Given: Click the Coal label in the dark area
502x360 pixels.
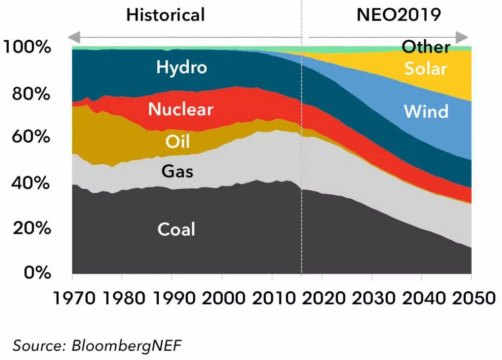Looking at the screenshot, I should tap(176, 229).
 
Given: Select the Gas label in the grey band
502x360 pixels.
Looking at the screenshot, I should tap(177, 172).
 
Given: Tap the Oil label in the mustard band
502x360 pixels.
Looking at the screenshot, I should tap(177, 142).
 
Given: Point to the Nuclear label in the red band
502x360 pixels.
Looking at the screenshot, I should tap(181, 109).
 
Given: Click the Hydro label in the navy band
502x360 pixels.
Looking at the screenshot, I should tap(181, 67).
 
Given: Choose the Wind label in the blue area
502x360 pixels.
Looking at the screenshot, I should tap(426, 111).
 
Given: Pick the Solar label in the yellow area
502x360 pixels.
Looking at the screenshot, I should tap(426, 68).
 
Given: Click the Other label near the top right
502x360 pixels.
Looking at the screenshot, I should tap(426, 47).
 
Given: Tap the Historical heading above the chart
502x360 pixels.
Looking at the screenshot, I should tap(165, 15).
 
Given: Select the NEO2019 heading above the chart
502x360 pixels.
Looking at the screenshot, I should tap(399, 15).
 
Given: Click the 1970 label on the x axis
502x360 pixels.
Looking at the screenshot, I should tap(72, 298).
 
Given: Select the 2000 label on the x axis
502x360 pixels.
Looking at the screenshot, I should tap(222, 298).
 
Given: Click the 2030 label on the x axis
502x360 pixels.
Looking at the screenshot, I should tap(372, 298).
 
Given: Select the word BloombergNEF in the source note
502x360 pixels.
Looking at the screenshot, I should tap(127, 345).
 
